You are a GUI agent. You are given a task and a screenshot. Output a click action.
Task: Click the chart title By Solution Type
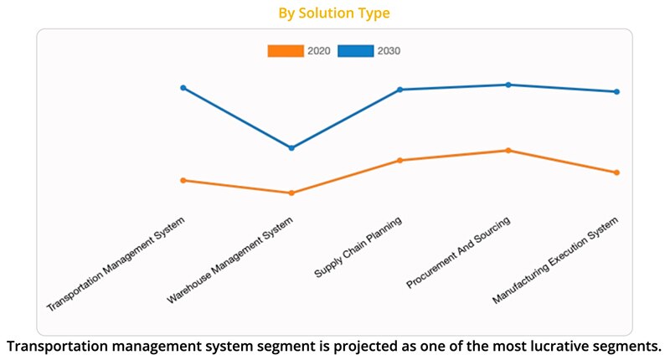[334, 13]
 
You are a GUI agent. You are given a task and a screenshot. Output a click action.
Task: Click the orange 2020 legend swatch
[285, 51]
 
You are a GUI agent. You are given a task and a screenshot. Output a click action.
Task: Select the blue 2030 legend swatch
[355, 51]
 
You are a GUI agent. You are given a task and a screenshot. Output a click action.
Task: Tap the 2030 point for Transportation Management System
[183, 88]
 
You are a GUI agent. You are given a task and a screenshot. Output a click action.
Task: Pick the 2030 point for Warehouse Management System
[291, 148]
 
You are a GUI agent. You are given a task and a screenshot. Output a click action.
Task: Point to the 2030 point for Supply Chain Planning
[400, 90]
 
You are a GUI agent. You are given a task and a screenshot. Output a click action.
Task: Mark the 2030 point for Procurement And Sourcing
[508, 85]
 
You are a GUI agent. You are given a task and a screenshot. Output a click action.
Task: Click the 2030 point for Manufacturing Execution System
[617, 92]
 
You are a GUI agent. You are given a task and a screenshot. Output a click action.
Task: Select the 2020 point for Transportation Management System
[183, 180]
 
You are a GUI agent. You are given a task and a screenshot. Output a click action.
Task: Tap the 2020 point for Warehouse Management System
[291, 193]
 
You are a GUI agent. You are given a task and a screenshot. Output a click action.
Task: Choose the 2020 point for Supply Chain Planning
[400, 160]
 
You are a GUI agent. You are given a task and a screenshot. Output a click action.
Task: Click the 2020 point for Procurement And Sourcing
[508, 151]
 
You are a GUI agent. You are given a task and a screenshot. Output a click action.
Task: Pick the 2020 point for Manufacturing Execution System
[617, 172]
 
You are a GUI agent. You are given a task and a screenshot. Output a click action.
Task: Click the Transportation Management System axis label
[116, 264]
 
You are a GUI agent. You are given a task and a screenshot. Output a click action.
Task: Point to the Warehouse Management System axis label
[231, 260]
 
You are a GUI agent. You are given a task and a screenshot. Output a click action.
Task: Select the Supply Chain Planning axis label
[358, 248]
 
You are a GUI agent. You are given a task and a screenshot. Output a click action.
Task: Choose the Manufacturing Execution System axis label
[556, 260]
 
